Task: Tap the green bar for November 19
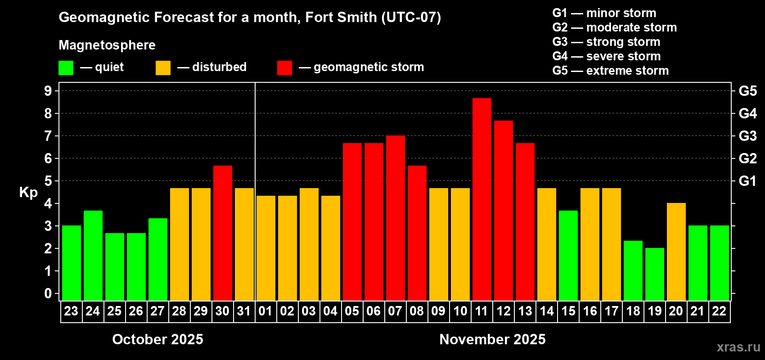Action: [655, 274]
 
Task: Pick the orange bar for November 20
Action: [676, 252]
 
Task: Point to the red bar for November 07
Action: [396, 218]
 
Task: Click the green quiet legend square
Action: [66, 68]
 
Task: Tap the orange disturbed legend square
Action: [163, 68]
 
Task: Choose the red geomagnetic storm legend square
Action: [284, 68]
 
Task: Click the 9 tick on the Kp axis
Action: [48, 91]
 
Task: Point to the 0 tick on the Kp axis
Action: [48, 294]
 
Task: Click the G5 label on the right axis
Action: [747, 91]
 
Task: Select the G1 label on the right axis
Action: [747, 181]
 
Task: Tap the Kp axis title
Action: [28, 193]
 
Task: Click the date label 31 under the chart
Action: [244, 311]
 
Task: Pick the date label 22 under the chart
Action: [719, 311]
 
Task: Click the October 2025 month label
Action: [157, 339]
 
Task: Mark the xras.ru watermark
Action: [738, 347]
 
